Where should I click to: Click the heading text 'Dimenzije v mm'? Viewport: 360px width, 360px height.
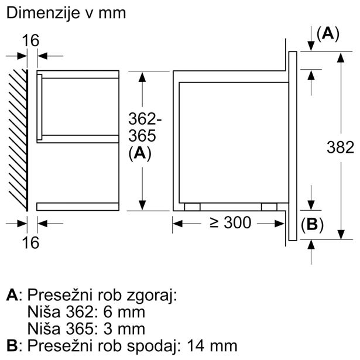tap(66, 13)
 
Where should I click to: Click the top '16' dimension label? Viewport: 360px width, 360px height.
tap(31, 40)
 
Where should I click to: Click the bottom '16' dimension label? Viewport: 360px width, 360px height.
tap(31, 242)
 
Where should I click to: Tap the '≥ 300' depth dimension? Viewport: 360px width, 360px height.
tap(229, 223)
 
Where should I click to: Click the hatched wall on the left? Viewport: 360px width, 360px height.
tap(19, 140)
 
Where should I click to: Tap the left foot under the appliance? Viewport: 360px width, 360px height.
tap(191, 206)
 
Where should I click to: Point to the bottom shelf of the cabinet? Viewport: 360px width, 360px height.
tap(77, 206)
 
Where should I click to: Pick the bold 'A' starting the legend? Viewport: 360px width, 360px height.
tap(11, 296)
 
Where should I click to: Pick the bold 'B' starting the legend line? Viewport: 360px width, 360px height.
tap(11, 345)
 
